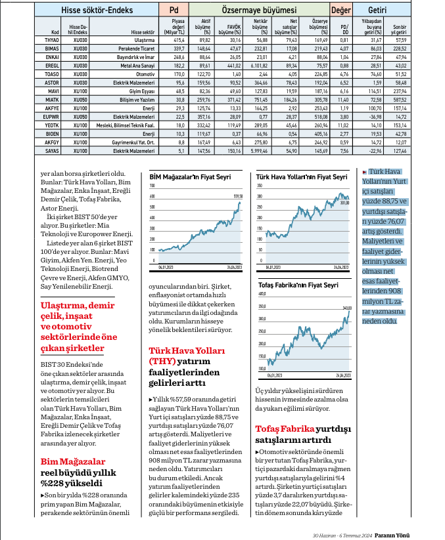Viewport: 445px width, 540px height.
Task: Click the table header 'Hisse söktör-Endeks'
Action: [96, 10]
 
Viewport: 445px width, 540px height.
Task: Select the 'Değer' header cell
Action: [340, 10]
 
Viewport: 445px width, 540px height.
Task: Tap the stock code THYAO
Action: [52, 40]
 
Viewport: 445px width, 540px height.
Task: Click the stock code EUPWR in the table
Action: [52, 117]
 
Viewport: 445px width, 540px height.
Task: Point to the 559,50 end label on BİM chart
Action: [238, 196]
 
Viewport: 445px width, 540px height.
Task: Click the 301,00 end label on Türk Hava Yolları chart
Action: [343, 202]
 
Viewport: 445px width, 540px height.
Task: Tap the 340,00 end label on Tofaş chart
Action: [346, 307]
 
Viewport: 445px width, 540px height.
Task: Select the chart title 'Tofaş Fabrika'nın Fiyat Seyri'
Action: [296, 285]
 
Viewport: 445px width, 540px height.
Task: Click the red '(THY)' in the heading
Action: [161, 360]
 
